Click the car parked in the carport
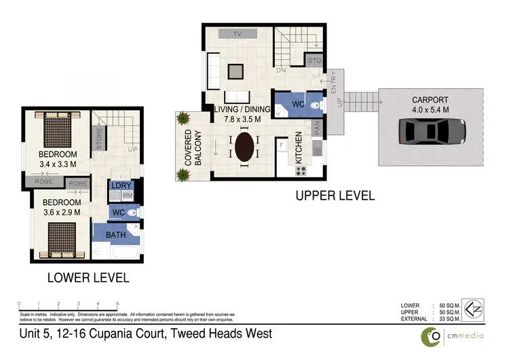[x=432, y=130]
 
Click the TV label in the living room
[x=238, y=33]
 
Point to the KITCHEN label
[x=297, y=147]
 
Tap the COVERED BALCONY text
[x=193, y=147]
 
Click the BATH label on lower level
[x=115, y=235]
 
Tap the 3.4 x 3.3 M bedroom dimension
[x=58, y=164]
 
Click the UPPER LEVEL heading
[x=334, y=196]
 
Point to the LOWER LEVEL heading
[x=88, y=278]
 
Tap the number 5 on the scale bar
[x=118, y=303]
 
